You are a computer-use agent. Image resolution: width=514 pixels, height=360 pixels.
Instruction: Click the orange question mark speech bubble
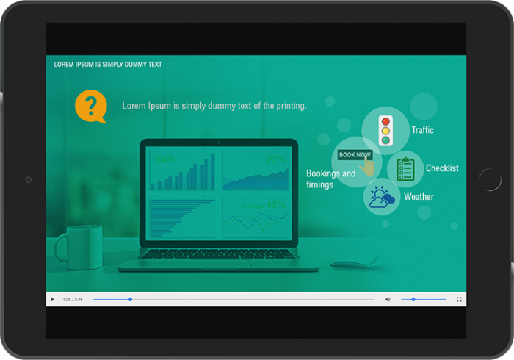(x=90, y=107)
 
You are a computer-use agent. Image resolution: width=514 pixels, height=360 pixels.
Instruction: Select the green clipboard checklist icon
(x=405, y=168)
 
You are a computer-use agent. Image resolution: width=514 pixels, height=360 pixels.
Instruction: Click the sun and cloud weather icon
(x=382, y=197)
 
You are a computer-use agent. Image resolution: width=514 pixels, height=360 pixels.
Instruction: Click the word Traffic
(x=422, y=130)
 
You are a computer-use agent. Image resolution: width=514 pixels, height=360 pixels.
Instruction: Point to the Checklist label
(x=442, y=168)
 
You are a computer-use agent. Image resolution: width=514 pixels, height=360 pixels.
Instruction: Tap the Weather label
(x=419, y=197)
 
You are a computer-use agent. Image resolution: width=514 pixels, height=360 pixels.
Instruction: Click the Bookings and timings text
(x=330, y=179)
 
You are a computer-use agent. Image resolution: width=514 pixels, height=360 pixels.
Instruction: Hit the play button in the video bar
(x=52, y=300)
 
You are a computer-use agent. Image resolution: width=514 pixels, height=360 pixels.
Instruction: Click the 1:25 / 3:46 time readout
(x=73, y=300)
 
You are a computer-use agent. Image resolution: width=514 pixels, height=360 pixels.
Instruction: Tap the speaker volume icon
(x=388, y=300)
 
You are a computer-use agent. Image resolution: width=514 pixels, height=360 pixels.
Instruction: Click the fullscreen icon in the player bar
(x=459, y=300)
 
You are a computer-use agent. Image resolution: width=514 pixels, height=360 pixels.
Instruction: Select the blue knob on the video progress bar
(x=130, y=300)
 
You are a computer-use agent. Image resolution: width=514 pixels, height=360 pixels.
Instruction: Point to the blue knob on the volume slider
(x=413, y=300)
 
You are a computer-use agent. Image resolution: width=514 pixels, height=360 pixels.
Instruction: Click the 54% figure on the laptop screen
(x=164, y=159)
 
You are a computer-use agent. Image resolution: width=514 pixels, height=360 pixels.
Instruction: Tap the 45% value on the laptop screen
(x=275, y=205)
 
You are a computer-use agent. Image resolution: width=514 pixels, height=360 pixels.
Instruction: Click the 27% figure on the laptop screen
(x=275, y=159)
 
